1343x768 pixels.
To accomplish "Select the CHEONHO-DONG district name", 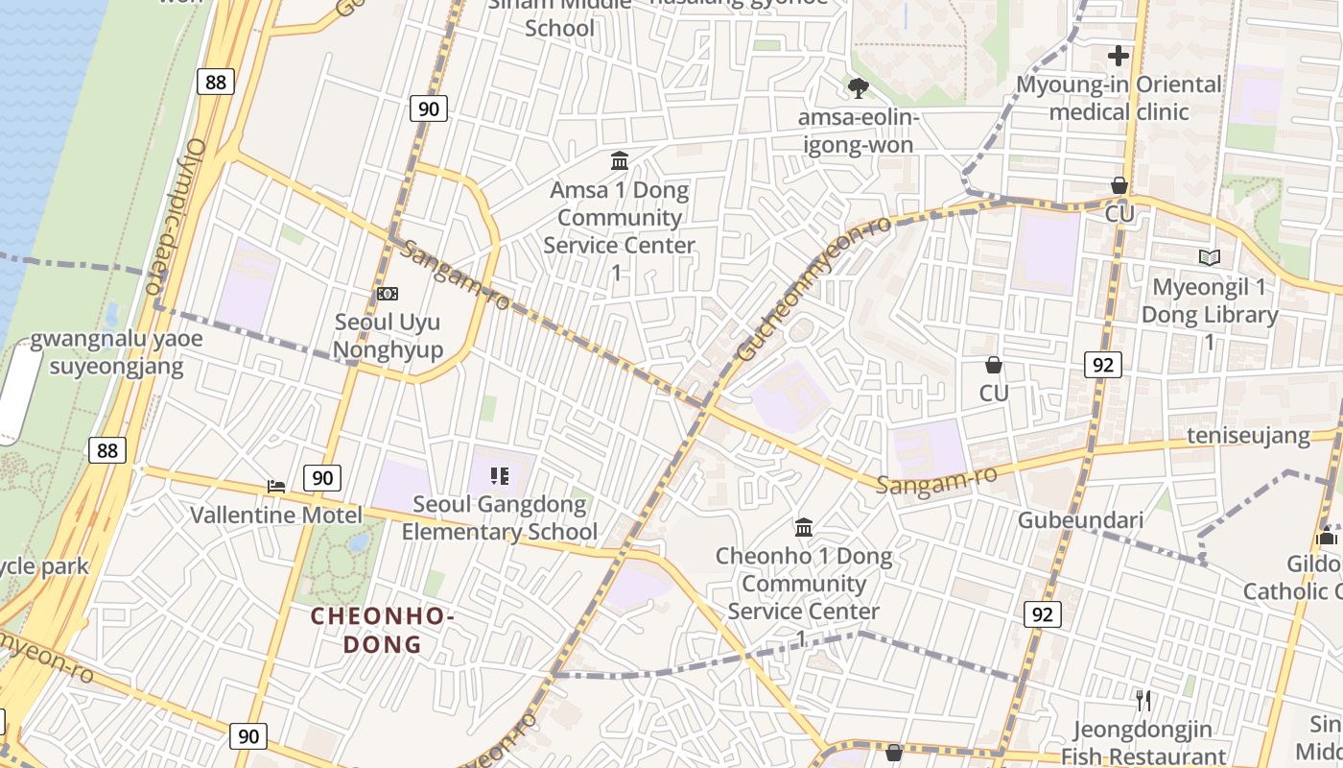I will click(382, 630).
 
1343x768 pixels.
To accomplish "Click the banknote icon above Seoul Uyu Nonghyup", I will click(388, 294).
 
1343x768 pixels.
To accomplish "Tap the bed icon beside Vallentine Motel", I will click(276, 486).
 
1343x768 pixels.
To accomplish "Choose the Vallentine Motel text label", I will click(276, 516).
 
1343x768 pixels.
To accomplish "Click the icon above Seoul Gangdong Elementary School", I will click(499, 475).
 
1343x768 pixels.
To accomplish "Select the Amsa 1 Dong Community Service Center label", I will click(619, 230).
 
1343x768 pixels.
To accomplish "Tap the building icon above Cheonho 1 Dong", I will click(804, 527).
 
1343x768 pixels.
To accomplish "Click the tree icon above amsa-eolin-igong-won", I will click(858, 88).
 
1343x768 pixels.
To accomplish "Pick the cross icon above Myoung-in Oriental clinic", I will click(1118, 56).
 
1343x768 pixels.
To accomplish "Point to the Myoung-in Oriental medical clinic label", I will click(1119, 98).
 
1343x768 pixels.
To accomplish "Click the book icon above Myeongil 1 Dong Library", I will click(1209, 257).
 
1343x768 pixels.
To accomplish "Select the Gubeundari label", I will click(1080, 520).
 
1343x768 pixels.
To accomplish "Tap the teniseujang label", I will click(1248, 436).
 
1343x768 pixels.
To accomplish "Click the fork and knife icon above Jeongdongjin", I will click(1143, 700).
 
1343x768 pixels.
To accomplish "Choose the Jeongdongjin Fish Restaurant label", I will click(1143, 743).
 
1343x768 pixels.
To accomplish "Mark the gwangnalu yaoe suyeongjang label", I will click(106, 353).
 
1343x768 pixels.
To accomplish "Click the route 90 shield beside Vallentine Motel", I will click(322, 477).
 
